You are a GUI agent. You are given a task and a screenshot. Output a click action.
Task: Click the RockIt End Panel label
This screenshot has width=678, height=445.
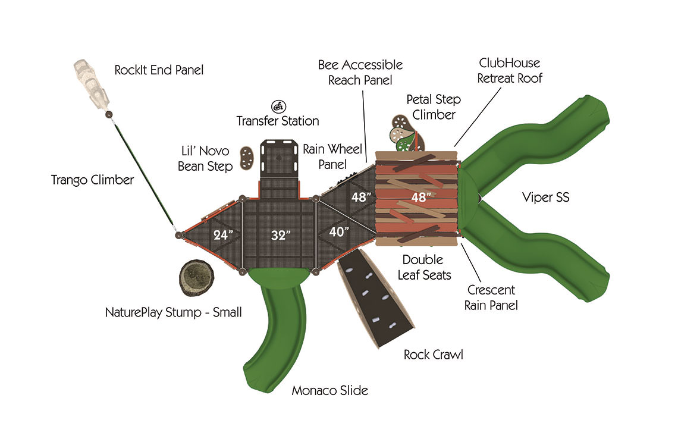click(159, 70)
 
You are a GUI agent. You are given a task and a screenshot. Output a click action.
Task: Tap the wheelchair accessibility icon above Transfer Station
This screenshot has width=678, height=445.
click(278, 106)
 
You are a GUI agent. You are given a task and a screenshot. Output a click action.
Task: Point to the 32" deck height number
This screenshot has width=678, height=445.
click(279, 235)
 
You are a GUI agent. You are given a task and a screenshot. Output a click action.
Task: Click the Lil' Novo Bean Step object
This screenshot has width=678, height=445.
click(245, 159)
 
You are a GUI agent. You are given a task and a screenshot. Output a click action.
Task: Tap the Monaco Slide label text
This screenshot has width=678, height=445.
click(329, 391)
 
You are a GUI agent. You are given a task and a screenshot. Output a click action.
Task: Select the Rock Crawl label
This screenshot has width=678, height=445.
click(433, 355)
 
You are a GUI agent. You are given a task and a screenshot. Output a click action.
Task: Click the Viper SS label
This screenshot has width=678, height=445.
click(545, 197)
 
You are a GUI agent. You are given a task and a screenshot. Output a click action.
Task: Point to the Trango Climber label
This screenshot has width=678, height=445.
click(92, 179)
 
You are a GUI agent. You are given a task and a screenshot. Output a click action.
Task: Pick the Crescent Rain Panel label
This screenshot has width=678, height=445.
click(492, 297)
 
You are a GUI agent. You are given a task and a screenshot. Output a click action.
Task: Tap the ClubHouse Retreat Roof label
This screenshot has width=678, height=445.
click(510, 70)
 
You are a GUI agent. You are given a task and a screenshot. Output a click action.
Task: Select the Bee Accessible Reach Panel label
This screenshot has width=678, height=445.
click(360, 72)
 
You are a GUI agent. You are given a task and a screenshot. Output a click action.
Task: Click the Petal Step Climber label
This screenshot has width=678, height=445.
click(434, 106)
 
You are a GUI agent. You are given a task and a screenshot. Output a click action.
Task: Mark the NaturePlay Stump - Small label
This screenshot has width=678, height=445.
click(173, 312)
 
